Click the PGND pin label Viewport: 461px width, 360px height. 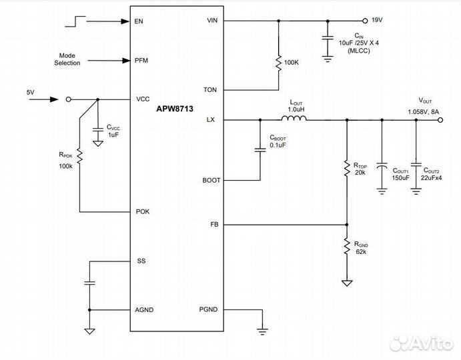coord(209,310)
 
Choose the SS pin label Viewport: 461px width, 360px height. coord(140,261)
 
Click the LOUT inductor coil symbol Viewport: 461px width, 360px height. coord(294,119)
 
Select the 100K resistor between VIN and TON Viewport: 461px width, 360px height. coord(278,62)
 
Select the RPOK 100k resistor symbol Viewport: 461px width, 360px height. coord(79,156)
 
